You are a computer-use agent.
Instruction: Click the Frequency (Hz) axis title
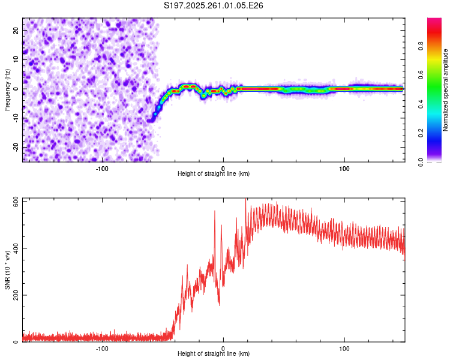(x=7, y=89)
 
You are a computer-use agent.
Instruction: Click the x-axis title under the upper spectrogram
(x=214, y=173)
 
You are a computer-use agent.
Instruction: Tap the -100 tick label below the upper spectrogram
(x=102, y=168)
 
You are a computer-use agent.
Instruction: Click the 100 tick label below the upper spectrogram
(x=344, y=168)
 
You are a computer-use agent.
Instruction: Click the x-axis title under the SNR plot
(x=214, y=353)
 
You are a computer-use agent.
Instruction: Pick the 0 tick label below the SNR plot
(x=223, y=348)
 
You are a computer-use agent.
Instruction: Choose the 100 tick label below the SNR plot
(x=344, y=348)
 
